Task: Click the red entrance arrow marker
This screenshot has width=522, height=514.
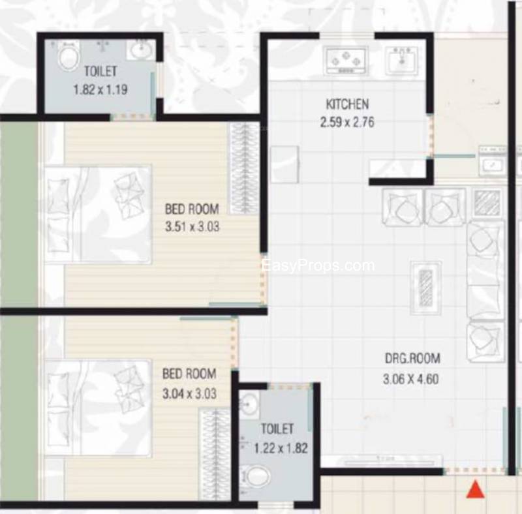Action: (x=476, y=489)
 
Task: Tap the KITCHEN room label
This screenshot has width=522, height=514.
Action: (x=347, y=104)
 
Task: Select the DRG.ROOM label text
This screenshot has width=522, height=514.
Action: (x=412, y=358)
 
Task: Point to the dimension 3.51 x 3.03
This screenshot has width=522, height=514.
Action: (x=192, y=227)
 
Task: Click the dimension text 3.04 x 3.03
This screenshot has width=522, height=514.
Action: (x=189, y=393)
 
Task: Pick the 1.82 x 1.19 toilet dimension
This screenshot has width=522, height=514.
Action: (x=100, y=89)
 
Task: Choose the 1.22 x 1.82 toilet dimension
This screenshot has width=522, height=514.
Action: (x=281, y=448)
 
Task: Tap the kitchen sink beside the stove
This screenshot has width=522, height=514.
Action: (x=402, y=61)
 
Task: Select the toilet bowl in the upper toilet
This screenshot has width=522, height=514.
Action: (x=69, y=56)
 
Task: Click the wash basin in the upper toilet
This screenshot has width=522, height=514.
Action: (x=141, y=50)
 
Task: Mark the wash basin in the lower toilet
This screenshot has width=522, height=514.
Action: (x=249, y=404)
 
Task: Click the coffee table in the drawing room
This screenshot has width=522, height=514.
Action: (x=426, y=288)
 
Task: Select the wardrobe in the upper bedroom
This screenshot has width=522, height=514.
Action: (x=245, y=168)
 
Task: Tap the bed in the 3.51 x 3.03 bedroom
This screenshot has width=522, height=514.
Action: (x=99, y=215)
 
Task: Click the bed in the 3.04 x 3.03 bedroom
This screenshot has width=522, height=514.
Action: (x=99, y=408)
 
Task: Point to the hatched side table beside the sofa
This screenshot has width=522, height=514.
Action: (x=487, y=203)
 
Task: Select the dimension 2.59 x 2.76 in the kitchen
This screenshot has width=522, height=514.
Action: (x=347, y=122)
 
